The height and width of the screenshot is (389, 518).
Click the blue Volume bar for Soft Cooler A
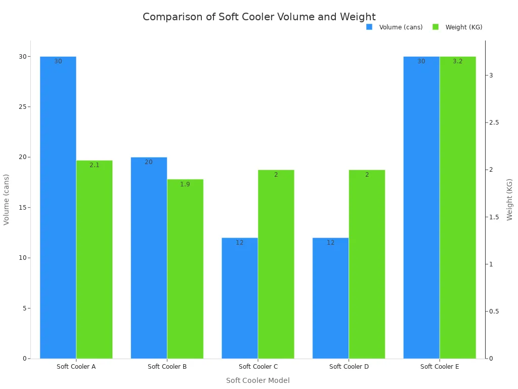[x=58, y=208]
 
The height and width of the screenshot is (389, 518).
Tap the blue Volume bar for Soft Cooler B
[x=149, y=258]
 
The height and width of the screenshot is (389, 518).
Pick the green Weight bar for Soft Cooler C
[x=276, y=264]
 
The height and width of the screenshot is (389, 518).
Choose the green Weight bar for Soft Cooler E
[x=458, y=208]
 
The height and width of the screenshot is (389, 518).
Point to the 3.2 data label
[x=458, y=61]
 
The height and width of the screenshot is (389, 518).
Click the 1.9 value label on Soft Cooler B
[x=185, y=184]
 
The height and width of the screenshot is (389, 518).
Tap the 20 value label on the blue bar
[x=149, y=162]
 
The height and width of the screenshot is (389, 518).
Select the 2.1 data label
[x=95, y=165]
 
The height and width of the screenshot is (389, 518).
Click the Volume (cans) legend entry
[x=395, y=27]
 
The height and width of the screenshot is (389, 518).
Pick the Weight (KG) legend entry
[x=458, y=27]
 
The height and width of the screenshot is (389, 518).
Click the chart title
[x=259, y=17]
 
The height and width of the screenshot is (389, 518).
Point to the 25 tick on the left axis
[x=22, y=107]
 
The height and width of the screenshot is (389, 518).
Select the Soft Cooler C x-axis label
[x=258, y=367]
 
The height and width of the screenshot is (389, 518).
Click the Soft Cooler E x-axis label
[x=440, y=367]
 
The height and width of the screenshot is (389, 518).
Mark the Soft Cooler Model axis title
[x=258, y=380]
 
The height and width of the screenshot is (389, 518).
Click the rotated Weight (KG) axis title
[x=510, y=200]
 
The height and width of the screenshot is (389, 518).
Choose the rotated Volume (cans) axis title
[x=7, y=200]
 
